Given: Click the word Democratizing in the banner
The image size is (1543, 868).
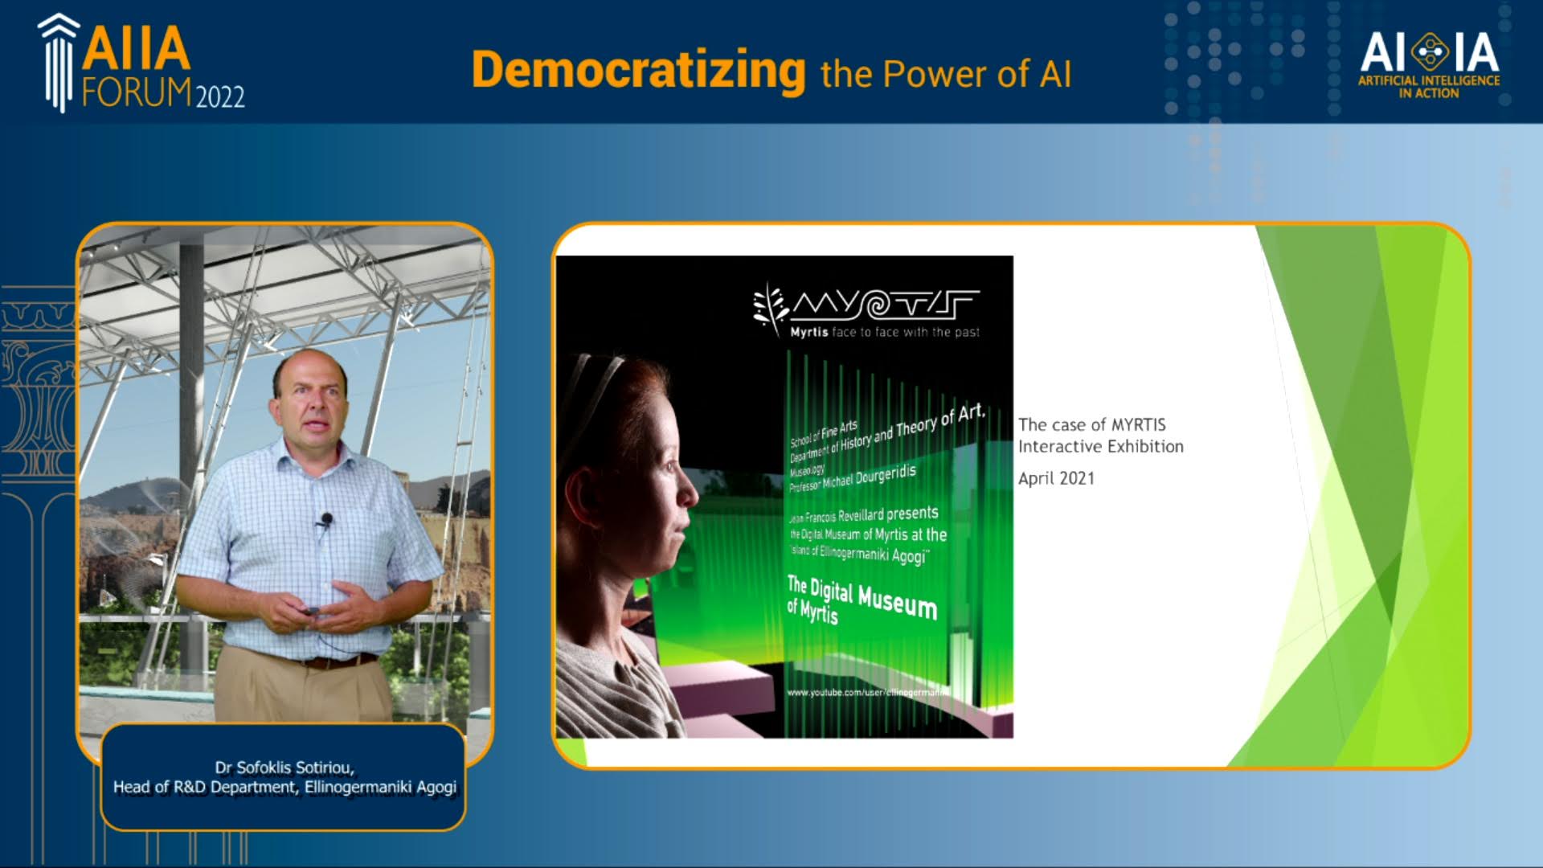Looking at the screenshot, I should tap(639, 71).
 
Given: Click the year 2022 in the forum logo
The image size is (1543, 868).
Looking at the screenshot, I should tap(220, 97).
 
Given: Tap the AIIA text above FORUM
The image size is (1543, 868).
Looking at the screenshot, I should tap(137, 50).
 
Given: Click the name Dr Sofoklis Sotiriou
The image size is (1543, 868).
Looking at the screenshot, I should tap(284, 767).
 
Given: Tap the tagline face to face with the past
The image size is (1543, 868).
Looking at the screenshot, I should tap(906, 332).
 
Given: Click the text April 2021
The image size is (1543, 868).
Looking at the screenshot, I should tap(1056, 478).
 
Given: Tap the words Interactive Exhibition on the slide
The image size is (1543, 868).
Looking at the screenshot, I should tap(1100, 447).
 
